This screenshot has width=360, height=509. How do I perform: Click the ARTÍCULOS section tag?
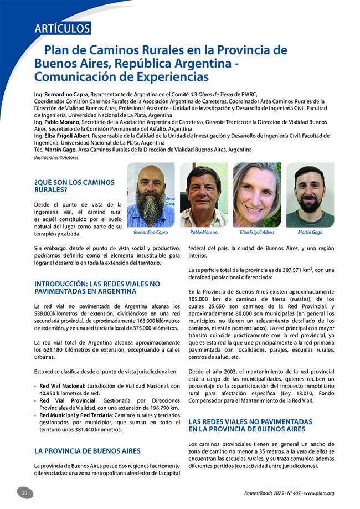click(x=61, y=28)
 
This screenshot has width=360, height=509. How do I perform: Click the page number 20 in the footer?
click(x=24, y=493)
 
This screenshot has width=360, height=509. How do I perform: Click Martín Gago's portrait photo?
click(x=310, y=195)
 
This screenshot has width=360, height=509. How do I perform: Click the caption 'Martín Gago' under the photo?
click(x=310, y=233)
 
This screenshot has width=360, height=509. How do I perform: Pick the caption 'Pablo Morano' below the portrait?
click(x=204, y=233)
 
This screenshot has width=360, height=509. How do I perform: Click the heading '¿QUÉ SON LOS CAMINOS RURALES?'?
click(x=74, y=186)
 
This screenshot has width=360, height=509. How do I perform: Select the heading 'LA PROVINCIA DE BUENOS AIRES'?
click(x=88, y=451)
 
